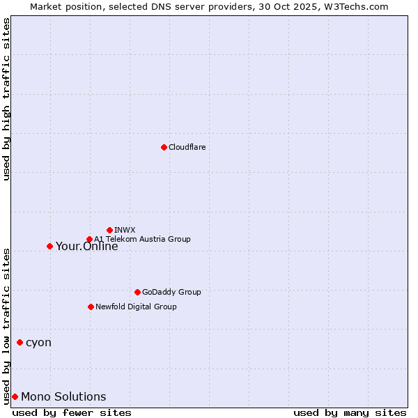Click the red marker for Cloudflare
click(164, 147)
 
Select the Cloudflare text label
click(187, 147)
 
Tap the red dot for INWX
click(109, 230)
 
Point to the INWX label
click(125, 230)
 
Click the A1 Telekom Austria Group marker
click(89, 240)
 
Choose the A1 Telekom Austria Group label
click(142, 239)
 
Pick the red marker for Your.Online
click(49, 246)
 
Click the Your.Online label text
click(86, 247)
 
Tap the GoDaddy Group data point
click(137, 292)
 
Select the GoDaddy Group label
click(171, 292)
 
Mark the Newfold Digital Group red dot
click(91, 307)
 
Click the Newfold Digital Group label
click(136, 307)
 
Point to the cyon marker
click(20, 342)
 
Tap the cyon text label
click(38, 343)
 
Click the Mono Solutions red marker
click(15, 396)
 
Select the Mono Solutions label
click(63, 397)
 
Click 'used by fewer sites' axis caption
click(72, 412)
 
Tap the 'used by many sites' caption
click(350, 412)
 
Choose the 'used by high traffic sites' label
click(6, 99)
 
